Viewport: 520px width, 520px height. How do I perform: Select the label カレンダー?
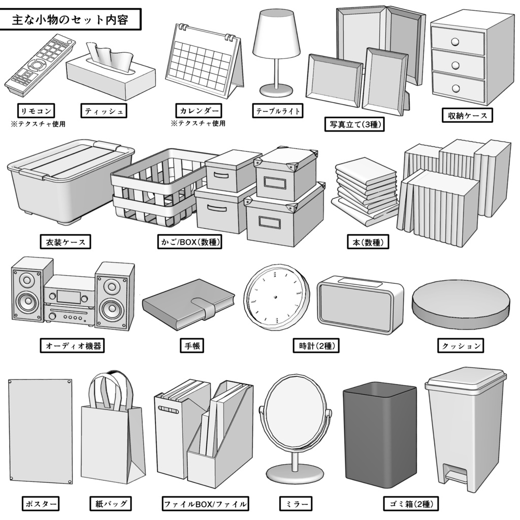[x=199, y=111]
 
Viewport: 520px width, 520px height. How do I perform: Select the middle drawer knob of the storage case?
[x=456, y=65]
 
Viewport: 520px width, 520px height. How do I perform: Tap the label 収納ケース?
[x=466, y=116]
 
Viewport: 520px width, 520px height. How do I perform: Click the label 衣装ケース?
[x=65, y=242]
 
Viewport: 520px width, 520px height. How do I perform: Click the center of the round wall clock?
[x=276, y=297]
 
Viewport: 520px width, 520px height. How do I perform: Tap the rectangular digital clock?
[x=360, y=305]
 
